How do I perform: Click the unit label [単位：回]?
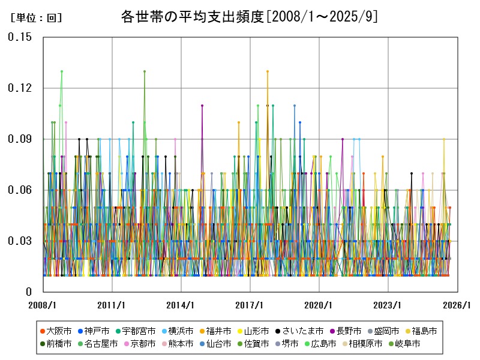click(x=37, y=18)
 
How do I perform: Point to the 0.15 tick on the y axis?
click(x=20, y=37)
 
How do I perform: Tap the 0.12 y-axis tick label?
click(x=20, y=88)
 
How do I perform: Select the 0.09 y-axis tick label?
click(x=20, y=139)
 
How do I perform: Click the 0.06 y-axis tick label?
click(x=20, y=190)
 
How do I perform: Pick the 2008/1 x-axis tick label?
click(x=43, y=305)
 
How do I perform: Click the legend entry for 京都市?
click(x=143, y=344)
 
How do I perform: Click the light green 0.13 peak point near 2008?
click(x=61, y=71)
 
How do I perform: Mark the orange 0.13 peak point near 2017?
click(x=268, y=71)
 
